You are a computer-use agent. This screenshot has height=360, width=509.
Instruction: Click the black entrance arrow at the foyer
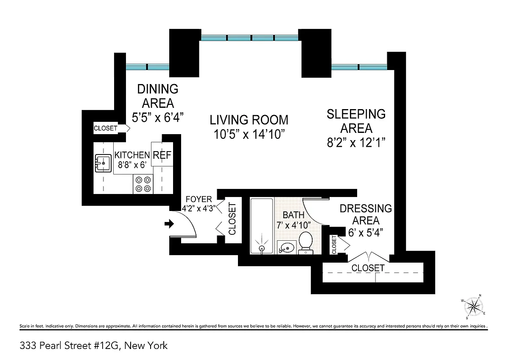[x=169, y=224]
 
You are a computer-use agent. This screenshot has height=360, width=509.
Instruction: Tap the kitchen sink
[x=103, y=163]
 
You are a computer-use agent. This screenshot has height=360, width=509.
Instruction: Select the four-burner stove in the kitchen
[x=143, y=184]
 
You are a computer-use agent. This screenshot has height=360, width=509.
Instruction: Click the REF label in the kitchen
[x=162, y=155]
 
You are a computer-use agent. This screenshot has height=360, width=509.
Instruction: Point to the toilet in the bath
[x=305, y=243]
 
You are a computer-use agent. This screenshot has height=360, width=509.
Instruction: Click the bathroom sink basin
[x=287, y=247]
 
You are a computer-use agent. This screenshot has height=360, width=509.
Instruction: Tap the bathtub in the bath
[x=262, y=226]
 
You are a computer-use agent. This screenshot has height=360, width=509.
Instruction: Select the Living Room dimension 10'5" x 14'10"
[x=249, y=134]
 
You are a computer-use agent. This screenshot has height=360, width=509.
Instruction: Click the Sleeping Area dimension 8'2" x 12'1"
[x=356, y=143]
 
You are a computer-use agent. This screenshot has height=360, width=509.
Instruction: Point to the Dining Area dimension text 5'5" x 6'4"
[x=158, y=118]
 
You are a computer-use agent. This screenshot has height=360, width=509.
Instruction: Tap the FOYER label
[x=199, y=199]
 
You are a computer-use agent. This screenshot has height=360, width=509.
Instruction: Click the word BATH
[x=294, y=215]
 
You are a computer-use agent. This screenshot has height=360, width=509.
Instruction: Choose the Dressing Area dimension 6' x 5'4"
[x=366, y=233]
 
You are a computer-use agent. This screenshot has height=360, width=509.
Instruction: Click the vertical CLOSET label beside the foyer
[x=232, y=219]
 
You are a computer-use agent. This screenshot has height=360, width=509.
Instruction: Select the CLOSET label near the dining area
[x=106, y=128]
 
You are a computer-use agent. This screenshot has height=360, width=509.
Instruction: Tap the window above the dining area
[x=148, y=67]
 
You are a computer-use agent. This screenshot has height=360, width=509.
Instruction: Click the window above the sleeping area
[x=359, y=67]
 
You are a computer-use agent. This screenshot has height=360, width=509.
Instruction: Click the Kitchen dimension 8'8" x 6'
[x=132, y=165]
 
